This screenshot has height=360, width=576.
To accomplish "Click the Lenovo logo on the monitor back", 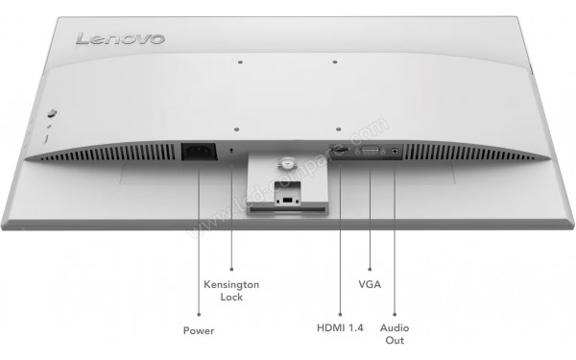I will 120,39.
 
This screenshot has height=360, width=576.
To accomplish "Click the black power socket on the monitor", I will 197,153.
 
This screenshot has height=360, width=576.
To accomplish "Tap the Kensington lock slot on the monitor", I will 232,151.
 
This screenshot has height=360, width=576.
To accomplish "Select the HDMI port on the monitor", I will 340,152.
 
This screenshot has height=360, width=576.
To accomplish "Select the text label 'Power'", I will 199,330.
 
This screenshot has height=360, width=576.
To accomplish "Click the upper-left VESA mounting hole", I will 240,65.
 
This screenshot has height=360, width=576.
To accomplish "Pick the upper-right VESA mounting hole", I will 335,65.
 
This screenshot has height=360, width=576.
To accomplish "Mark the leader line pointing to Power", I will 198,240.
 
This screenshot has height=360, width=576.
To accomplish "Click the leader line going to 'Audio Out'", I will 395,240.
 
